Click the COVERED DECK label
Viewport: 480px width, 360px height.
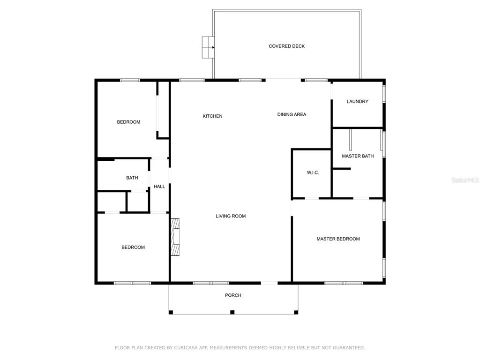(286, 46)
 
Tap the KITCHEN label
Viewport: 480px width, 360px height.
(212, 116)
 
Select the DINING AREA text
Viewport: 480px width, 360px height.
(292, 114)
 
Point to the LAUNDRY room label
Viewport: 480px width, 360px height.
(357, 101)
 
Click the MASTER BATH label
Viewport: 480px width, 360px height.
(358, 156)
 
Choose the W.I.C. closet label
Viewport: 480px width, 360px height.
(313, 172)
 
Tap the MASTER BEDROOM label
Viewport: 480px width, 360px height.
(338, 239)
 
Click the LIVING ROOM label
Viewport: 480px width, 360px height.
(231, 216)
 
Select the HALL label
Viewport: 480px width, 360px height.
(159, 187)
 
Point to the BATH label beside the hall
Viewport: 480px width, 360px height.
(132, 178)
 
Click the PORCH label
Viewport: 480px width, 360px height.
(233, 295)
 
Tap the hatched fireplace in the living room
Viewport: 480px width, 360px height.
(175, 237)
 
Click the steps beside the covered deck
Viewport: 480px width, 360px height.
(208, 47)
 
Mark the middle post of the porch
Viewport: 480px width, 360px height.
(232, 312)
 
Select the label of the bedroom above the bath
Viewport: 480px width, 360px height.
(128, 122)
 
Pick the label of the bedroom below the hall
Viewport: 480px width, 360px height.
(133, 247)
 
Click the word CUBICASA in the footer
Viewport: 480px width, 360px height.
(187, 348)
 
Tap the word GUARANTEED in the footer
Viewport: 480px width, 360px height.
(349, 348)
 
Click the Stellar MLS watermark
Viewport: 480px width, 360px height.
(465, 180)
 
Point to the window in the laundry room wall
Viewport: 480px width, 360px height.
(384, 93)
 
